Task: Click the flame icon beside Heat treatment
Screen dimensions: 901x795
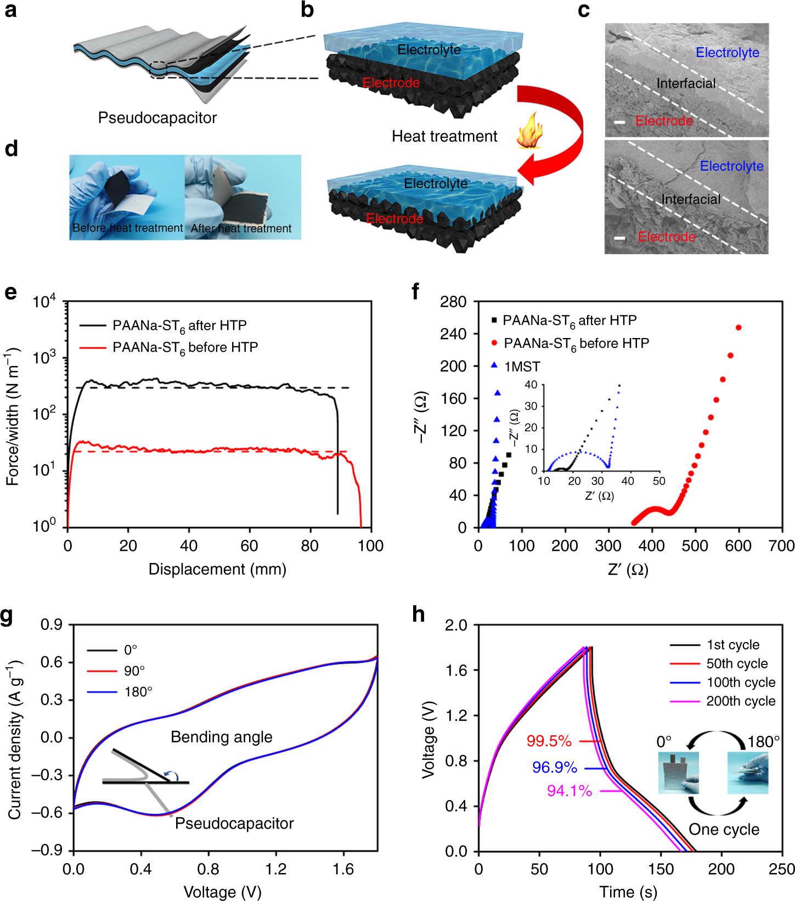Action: click(x=529, y=132)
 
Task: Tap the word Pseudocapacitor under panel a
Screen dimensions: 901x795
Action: click(x=157, y=118)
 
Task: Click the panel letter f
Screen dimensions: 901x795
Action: click(x=415, y=291)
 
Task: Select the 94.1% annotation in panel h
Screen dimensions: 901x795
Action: click(x=570, y=791)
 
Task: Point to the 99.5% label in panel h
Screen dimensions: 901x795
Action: click(x=549, y=741)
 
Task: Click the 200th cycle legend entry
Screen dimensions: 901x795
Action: click(x=740, y=701)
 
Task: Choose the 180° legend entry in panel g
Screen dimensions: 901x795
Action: click(x=138, y=692)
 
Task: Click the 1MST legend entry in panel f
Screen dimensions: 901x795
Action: click(x=522, y=367)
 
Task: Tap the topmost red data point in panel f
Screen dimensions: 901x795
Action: click(x=738, y=328)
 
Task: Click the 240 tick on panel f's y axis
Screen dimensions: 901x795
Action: click(x=453, y=334)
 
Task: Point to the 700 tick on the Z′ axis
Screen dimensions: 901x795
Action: click(x=781, y=546)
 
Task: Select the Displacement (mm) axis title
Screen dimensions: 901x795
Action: click(x=217, y=569)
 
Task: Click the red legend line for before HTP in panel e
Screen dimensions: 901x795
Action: click(x=92, y=347)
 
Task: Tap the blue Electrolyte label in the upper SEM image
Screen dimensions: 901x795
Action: click(x=728, y=53)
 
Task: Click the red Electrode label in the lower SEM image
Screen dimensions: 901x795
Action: click(x=667, y=236)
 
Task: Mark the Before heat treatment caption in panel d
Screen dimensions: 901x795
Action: click(x=127, y=228)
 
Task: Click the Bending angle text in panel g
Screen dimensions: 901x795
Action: click(x=221, y=737)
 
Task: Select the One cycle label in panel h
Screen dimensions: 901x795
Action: click(x=724, y=829)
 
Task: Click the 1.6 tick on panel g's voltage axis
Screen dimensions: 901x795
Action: click(x=343, y=869)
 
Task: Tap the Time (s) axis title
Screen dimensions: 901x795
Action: click(x=628, y=892)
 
